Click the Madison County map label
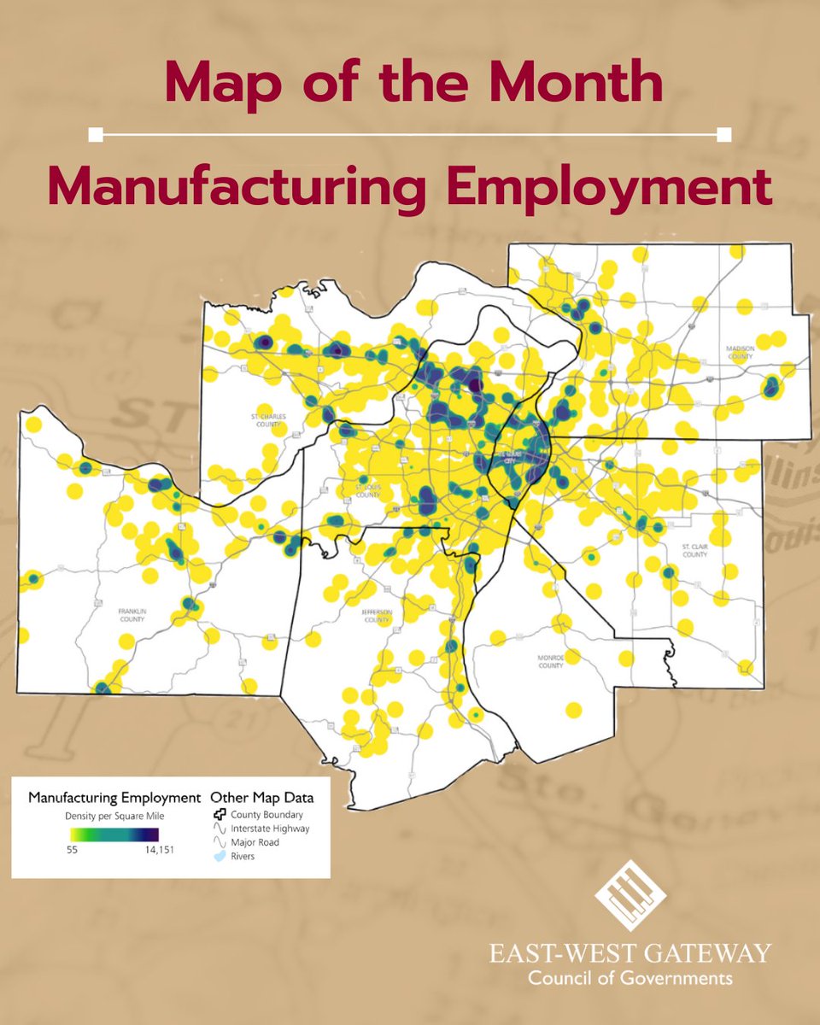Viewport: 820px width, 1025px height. click(740, 353)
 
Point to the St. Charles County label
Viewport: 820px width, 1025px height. click(266, 420)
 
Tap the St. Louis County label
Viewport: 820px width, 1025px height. click(367, 491)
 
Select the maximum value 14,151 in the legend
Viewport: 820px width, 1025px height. click(155, 850)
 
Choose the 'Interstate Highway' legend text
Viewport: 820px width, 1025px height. click(270, 829)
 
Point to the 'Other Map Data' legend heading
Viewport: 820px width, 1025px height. click(261, 798)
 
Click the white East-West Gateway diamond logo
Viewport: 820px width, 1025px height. click(630, 895)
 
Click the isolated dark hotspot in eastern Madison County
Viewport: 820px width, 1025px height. click(771, 387)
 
